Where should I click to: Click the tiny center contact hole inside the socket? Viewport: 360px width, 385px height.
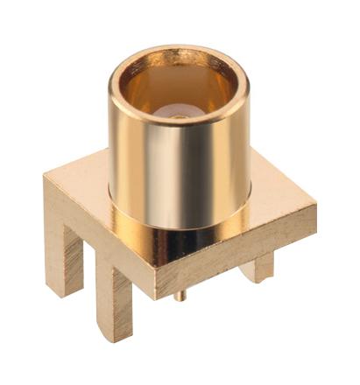[x=179, y=115]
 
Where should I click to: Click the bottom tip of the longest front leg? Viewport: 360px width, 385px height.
[x=116, y=338]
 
